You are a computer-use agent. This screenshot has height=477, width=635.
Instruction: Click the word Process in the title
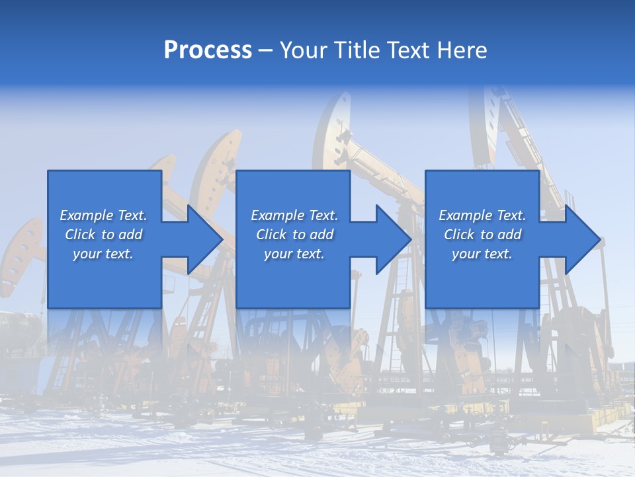208,50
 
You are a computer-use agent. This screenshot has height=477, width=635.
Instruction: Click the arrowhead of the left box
202,240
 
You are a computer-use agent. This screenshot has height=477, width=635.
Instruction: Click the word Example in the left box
87,215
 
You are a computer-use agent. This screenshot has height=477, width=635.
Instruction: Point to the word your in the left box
87,254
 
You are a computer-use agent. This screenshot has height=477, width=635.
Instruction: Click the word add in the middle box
321,235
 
